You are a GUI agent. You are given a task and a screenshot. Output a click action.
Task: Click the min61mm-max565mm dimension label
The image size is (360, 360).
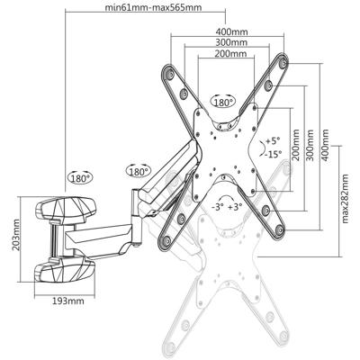[x=152, y=10]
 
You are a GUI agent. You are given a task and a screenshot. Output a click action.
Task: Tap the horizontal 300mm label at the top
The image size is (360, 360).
[x=232, y=42]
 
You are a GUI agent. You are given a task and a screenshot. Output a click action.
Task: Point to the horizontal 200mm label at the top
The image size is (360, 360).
[x=232, y=54]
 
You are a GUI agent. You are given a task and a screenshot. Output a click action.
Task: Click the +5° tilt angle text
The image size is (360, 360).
[x=273, y=142]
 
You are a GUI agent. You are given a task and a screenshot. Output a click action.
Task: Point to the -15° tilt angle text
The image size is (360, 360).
[x=274, y=154]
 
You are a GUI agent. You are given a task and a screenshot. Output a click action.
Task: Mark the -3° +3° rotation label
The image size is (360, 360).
[x=225, y=207]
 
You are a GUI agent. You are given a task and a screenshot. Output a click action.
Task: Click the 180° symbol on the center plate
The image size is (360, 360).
[x=223, y=103]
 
